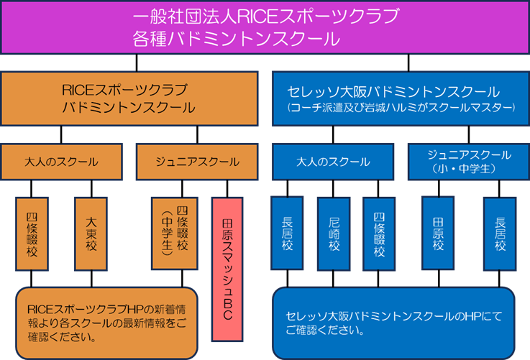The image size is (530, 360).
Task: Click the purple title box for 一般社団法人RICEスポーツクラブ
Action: point(265,27)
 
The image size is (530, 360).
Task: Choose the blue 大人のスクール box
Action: point(333,162)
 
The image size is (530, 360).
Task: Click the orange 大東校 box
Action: point(91,233)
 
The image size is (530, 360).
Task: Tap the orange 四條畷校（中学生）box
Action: point(172,233)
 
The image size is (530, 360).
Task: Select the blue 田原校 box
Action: point(437,234)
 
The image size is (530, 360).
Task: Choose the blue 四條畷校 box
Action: point(379,234)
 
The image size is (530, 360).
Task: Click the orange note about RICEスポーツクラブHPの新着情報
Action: point(106,323)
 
